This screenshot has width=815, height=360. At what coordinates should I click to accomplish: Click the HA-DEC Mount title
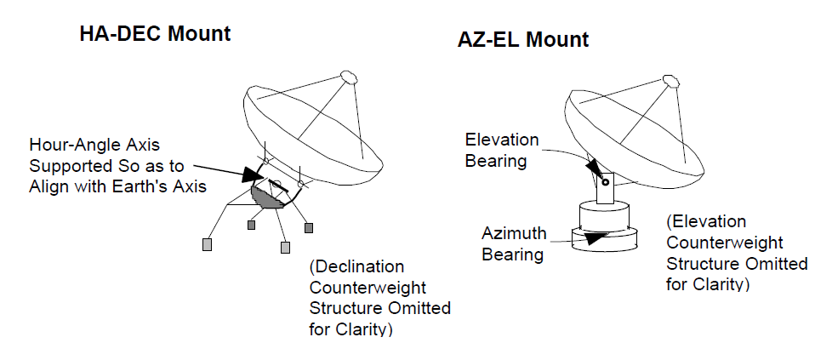(155, 34)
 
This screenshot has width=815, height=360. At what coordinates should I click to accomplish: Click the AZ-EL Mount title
(523, 40)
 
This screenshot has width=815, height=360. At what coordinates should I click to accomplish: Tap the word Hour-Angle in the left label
(94, 146)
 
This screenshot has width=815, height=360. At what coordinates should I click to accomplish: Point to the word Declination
(356, 267)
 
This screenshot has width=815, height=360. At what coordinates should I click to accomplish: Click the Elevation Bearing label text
(502, 151)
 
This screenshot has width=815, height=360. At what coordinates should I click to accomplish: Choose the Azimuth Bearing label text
(514, 243)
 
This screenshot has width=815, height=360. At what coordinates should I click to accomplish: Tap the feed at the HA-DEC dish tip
(349, 77)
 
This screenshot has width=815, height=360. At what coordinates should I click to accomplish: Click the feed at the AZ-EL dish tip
(671, 81)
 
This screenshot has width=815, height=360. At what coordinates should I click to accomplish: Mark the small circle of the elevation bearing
(606, 182)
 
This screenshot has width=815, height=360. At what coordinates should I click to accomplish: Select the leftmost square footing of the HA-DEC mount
(207, 244)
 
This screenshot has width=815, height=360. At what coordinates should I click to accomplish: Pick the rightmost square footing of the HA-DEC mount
(309, 228)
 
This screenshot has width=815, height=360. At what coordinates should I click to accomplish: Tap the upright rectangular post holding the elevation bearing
(606, 188)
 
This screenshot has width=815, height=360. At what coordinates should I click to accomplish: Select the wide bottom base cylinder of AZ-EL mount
(604, 239)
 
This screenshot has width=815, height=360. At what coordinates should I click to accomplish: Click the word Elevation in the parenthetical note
(706, 222)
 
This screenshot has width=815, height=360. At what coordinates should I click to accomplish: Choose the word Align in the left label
(48, 186)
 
